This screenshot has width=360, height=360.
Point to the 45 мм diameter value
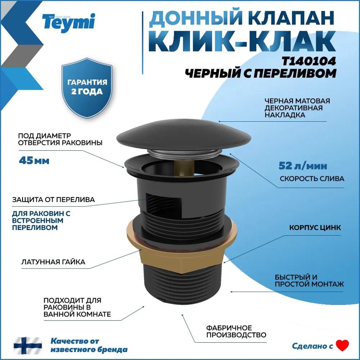click(34, 160)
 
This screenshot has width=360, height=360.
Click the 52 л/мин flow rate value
click(303, 166)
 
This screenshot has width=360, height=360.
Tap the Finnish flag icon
click(28, 345)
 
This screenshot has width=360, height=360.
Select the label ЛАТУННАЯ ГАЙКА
click(53, 262)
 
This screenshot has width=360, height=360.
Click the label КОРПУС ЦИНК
click(315, 228)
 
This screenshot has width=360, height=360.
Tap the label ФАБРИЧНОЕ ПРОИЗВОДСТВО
click(236, 331)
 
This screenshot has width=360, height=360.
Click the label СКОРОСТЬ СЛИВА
click(312, 179)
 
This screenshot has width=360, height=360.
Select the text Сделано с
click(312, 346)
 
